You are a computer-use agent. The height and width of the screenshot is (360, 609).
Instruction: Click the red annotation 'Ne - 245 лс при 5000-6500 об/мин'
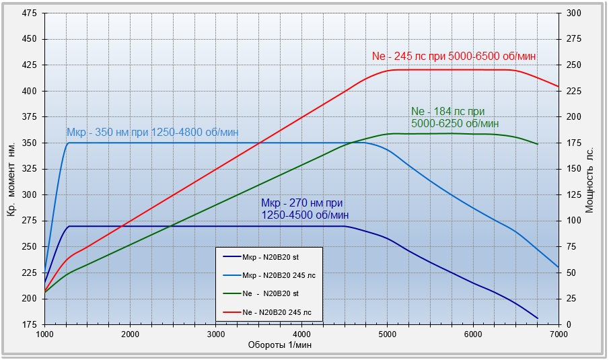[x=454, y=57]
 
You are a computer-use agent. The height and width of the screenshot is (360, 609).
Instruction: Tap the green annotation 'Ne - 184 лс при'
[x=447, y=112]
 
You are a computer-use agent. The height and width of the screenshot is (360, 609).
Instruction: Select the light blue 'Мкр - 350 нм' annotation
[x=152, y=133]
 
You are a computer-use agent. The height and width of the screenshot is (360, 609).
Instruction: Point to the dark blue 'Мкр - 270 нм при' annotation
[x=302, y=203]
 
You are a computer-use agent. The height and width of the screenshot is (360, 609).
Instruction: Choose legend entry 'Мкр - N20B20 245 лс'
[x=278, y=275]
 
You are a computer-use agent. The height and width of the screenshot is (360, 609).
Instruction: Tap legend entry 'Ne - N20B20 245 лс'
[x=277, y=312]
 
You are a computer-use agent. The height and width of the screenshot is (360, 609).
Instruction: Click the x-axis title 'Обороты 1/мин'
[x=280, y=345]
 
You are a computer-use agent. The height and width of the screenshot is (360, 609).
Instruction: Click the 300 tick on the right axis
[x=573, y=13]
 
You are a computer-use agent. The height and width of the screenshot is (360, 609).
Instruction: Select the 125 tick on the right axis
[x=573, y=195]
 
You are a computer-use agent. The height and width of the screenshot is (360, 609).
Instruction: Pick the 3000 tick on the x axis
[x=216, y=334]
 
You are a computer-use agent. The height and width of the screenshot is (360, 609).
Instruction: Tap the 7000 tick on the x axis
[x=559, y=334]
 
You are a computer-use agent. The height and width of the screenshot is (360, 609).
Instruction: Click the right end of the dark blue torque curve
[x=538, y=318]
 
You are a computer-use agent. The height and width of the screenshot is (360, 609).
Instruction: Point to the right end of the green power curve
[x=538, y=144]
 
